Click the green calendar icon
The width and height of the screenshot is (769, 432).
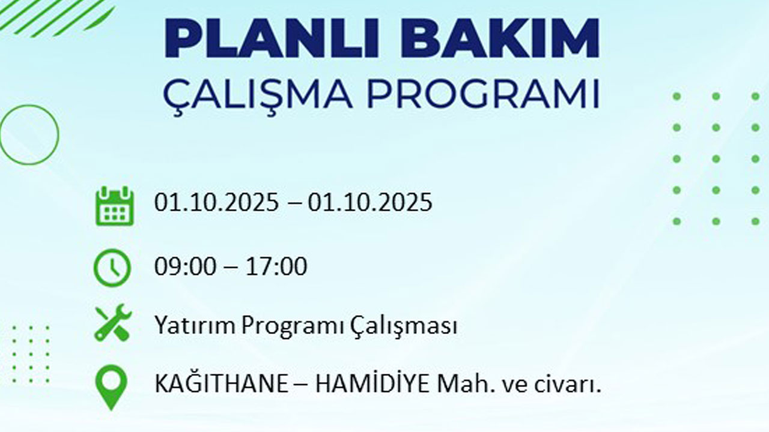[x=114, y=205]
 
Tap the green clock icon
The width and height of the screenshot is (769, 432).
[x=112, y=268]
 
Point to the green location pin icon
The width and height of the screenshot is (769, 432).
[x=112, y=387]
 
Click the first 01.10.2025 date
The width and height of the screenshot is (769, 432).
[x=216, y=203]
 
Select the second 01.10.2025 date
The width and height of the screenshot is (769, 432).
[x=370, y=203]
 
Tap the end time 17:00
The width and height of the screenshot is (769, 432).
[x=276, y=266]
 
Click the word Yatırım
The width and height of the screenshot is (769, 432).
[x=195, y=326]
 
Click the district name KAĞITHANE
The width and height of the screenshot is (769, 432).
[x=221, y=385]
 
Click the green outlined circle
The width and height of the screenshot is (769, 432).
[x=28, y=134]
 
